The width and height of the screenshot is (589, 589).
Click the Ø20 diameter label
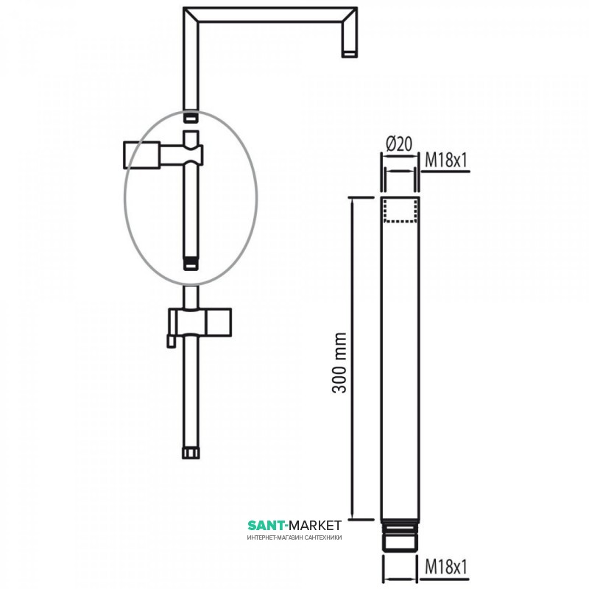399,144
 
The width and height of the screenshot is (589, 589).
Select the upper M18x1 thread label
446,161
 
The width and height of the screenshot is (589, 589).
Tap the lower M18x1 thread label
446,567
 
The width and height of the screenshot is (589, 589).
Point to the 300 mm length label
339,362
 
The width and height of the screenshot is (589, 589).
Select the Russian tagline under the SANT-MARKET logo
294,537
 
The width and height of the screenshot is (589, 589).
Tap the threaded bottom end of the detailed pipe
400,535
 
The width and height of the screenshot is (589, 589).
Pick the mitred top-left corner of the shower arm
191,15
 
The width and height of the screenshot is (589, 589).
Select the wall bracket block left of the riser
142,155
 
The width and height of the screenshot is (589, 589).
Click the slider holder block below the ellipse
200,322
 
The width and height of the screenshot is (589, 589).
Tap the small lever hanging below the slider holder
172,342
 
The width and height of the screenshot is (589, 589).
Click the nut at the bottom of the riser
191,453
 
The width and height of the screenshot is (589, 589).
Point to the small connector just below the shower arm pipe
191,117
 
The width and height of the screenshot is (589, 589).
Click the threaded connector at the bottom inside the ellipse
191,264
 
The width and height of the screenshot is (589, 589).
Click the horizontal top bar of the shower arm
270,15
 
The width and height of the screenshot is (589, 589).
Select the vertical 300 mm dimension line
353,359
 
